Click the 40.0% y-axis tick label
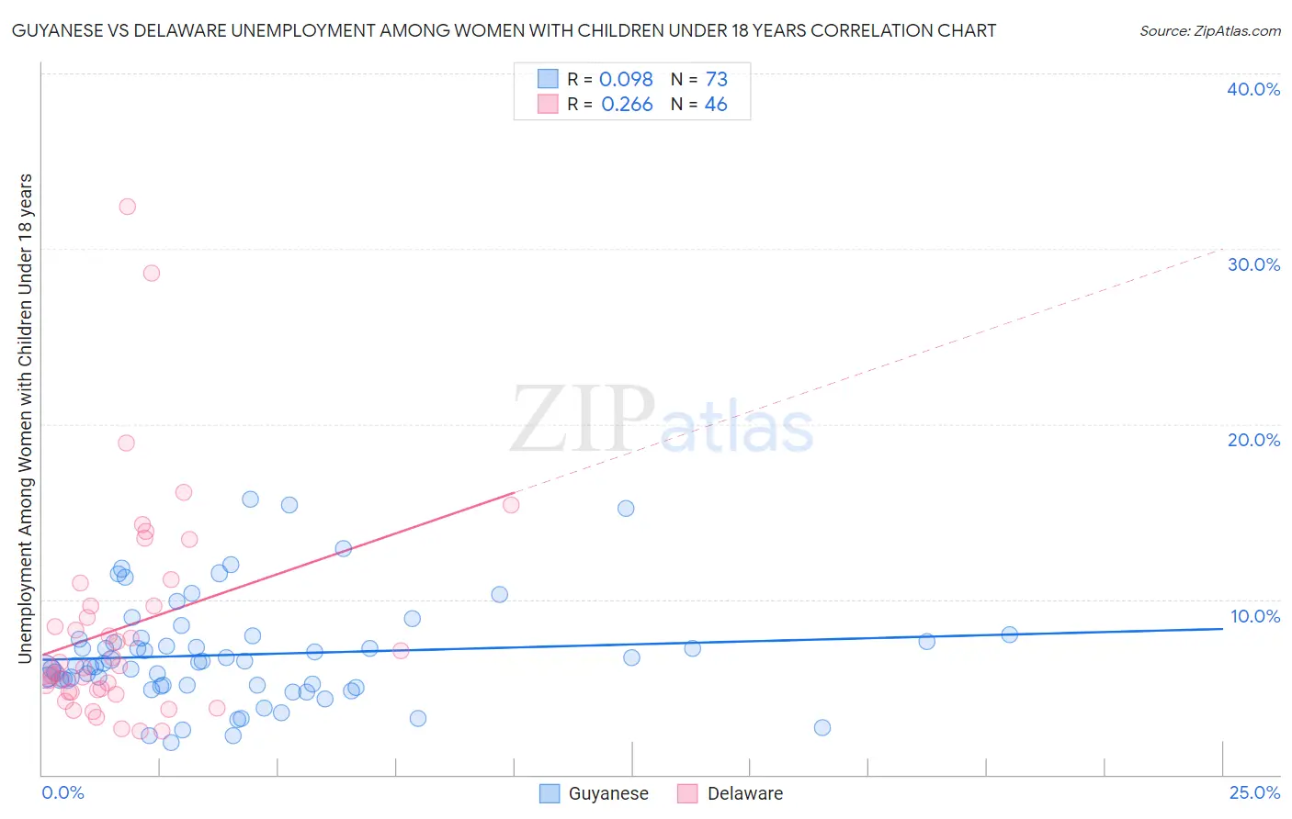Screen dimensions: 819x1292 1253,89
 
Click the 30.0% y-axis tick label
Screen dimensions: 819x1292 1253,264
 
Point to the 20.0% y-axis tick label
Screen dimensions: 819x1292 1253,440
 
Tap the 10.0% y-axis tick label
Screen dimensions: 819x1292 1254,616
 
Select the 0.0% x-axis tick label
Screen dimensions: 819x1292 62,792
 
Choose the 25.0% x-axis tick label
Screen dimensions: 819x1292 1254,792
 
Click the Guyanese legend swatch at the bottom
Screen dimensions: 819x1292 550,793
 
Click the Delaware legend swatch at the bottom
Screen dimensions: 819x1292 687,793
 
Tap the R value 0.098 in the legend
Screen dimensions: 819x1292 626,80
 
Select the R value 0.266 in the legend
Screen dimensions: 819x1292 627,105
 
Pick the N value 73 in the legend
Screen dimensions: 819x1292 717,80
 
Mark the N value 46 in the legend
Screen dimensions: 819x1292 716,105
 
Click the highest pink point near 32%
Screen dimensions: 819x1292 128,207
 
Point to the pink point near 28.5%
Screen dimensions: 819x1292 152,273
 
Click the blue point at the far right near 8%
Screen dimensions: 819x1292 1009,634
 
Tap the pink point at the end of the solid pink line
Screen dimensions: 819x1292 511,505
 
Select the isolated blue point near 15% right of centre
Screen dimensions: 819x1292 626,509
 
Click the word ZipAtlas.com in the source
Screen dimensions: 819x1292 1237,31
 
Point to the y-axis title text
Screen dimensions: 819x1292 26,418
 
